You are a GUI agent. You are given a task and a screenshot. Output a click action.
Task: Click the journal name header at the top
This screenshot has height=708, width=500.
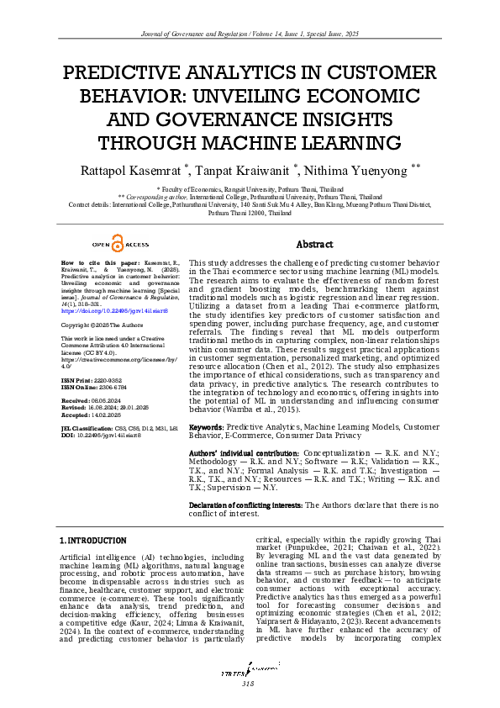tap(250, 33)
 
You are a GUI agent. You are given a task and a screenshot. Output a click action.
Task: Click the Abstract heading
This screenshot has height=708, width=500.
tap(315, 245)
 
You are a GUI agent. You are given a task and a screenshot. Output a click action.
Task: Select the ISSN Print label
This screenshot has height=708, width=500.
tap(82, 381)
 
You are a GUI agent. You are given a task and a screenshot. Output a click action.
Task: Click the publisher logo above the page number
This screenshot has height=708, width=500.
tap(250, 670)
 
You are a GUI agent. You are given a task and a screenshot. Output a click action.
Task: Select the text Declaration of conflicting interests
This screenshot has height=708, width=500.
tap(246, 505)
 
